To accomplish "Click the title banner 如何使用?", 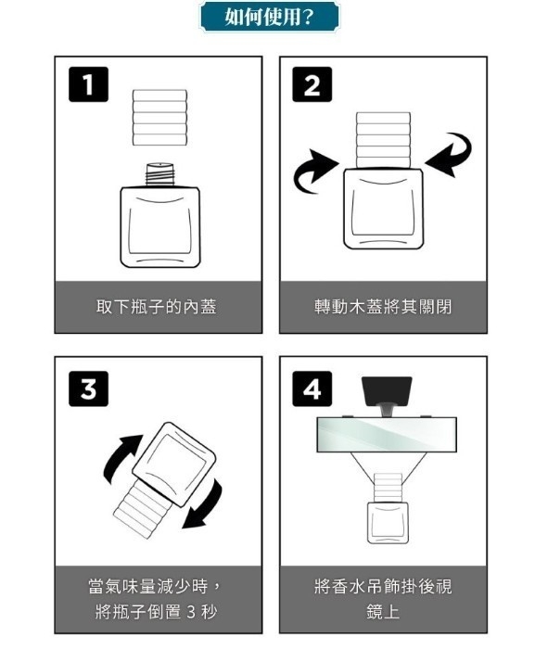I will tap(269, 17).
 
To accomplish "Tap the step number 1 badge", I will tap(87, 86).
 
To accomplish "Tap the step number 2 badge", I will tap(312, 86).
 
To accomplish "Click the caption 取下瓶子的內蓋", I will tap(157, 306).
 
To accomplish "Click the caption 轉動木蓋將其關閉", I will tap(383, 306).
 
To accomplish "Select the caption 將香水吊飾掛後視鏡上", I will tap(383, 599).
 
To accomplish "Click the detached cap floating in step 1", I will tap(159, 117).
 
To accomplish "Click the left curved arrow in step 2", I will tap(313, 174).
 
